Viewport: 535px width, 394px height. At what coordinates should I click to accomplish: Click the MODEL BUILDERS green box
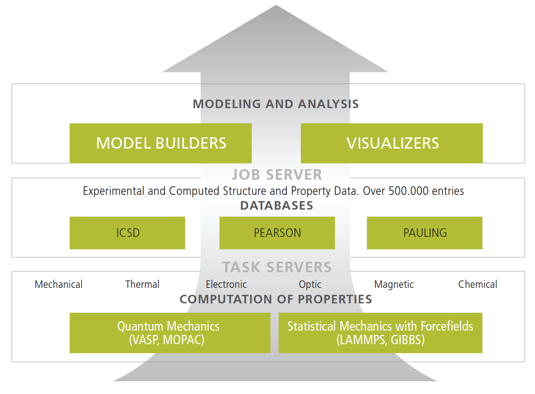(x=160, y=143)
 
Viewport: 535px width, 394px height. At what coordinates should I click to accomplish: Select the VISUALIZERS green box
(x=392, y=143)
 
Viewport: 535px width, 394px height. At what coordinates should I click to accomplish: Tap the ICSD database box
(x=127, y=233)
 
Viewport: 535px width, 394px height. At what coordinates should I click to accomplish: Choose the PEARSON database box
(x=277, y=233)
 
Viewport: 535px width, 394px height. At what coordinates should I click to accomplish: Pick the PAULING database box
(x=424, y=233)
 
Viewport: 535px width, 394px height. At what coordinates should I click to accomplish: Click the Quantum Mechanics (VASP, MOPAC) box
(x=170, y=333)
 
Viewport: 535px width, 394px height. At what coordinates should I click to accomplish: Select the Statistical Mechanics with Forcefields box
(x=381, y=333)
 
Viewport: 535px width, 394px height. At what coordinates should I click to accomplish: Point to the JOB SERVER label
(x=277, y=175)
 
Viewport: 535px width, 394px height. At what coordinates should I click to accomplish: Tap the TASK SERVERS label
(x=277, y=267)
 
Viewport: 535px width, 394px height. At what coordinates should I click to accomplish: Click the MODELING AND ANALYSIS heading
(x=276, y=104)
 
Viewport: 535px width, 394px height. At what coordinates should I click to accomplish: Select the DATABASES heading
(x=277, y=206)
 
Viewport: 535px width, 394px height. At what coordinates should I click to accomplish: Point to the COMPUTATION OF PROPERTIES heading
(x=276, y=299)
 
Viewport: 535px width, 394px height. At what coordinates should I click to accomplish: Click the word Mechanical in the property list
(x=58, y=284)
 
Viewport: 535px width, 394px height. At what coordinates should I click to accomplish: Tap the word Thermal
(x=142, y=284)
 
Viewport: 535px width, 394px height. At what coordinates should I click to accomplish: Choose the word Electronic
(x=226, y=284)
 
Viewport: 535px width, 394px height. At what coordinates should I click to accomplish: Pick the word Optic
(x=310, y=284)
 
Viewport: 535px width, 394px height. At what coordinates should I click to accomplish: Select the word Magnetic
(x=394, y=284)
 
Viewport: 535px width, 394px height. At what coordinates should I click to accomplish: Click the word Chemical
(x=478, y=284)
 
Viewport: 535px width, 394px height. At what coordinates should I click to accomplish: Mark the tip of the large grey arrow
(x=276, y=5)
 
